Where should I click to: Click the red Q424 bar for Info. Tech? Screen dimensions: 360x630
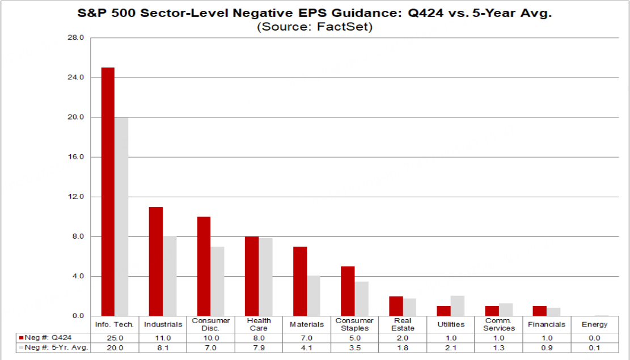[108, 192]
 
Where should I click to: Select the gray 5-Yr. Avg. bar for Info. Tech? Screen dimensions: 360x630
[121, 217]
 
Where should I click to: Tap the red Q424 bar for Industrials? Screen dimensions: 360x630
[156, 261]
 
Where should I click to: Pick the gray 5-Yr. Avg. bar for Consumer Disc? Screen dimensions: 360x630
[217, 281]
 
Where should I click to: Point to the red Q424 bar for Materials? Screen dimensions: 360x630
[300, 281]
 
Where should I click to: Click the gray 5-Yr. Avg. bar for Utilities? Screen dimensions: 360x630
[458, 306]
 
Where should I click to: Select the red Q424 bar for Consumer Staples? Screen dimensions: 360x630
[348, 291]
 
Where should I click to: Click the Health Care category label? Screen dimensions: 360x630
[259, 324]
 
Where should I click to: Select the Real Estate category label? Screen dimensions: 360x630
[403, 324]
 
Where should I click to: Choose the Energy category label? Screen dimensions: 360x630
[594, 324]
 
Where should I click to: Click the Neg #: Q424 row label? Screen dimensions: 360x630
[51, 338]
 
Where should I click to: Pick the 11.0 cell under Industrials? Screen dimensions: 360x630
[163, 338]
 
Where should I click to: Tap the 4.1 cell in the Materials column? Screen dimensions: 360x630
[307, 347]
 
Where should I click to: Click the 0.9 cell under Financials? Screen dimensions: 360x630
[547, 347]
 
